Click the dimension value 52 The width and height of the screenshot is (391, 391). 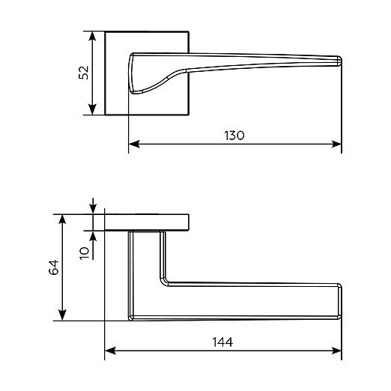point(84,73)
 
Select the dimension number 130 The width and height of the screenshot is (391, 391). point(234,136)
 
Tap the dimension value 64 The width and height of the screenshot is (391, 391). point(54,267)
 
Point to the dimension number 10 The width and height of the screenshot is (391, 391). point(85,253)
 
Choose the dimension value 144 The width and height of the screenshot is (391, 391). point(222,342)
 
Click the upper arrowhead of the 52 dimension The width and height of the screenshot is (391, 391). point(92,36)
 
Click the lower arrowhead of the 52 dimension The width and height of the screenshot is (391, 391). point(92,110)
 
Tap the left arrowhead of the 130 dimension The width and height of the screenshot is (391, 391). point(133,144)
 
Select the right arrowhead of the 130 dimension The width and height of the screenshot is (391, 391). point(336,144)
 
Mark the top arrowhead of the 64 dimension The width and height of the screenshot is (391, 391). point(62,219)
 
